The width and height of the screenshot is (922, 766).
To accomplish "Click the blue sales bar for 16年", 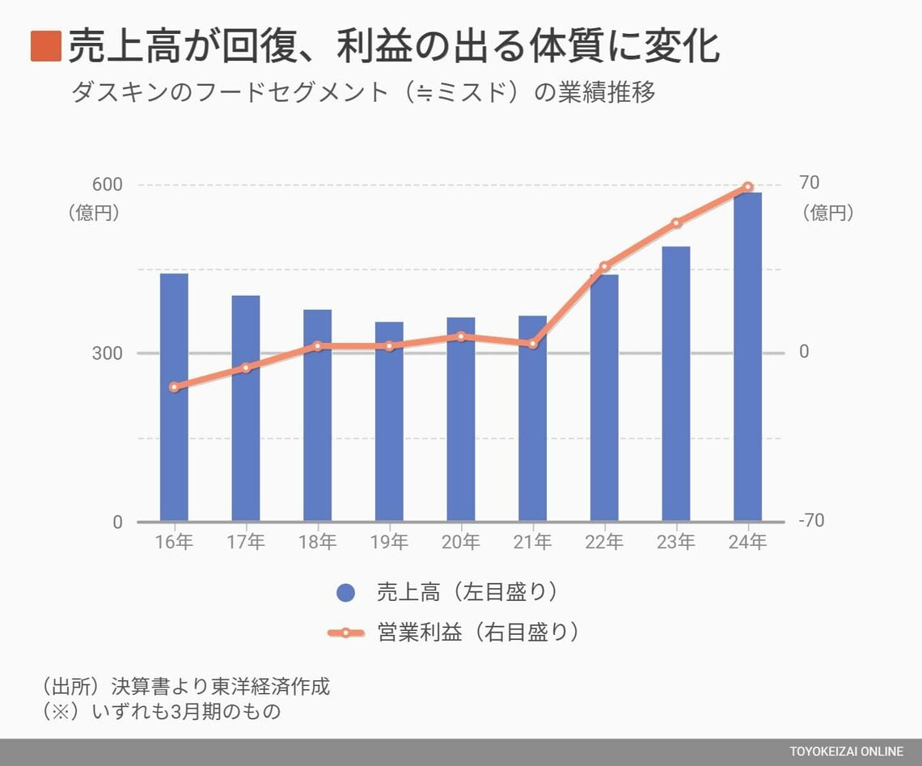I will point(174,397).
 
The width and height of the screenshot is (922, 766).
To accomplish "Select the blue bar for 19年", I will point(389,421).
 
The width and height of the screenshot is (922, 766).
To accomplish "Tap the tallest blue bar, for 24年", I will point(747,357).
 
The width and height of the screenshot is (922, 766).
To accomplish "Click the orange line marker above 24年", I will point(748,188).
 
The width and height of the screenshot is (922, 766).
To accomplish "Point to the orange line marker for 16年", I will point(174,387).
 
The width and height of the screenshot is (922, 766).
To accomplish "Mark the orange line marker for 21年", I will point(532,344).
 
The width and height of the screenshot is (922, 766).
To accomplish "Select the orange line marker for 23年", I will point(676,222).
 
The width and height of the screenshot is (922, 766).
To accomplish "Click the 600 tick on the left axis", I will point(107,184).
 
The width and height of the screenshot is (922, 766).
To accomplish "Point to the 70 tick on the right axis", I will point(809,184).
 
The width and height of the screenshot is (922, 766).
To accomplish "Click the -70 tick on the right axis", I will point(811,521).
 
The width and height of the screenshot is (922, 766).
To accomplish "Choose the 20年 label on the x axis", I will point(461,543).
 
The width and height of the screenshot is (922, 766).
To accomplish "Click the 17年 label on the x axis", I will point(246,543).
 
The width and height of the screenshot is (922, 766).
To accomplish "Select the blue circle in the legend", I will point(345,593).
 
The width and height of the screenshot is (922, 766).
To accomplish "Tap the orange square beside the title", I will point(45,46).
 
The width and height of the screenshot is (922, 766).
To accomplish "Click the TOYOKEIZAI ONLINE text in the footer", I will point(846,752).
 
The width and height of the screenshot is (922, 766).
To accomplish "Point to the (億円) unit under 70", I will point(828,213).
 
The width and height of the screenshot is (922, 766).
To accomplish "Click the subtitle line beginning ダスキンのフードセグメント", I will point(363,92).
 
